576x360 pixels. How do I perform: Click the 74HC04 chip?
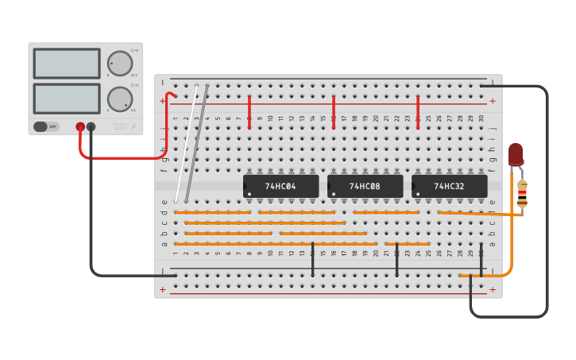tap(280, 186)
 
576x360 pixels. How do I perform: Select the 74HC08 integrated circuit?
tap(365, 186)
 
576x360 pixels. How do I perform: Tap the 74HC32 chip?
tap(449, 186)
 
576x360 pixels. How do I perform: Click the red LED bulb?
tap(516, 154)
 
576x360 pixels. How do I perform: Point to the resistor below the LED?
tap(522, 194)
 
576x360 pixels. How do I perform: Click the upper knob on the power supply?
tap(119, 63)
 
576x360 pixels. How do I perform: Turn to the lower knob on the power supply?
tap(119, 99)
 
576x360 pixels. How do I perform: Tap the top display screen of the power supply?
tap(67, 64)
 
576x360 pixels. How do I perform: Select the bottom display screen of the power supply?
tap(67, 98)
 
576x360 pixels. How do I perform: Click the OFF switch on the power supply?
tap(47, 126)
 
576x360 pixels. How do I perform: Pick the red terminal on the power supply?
tap(80, 126)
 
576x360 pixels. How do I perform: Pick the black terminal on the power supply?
tap(91, 126)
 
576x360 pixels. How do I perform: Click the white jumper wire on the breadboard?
tap(186, 143)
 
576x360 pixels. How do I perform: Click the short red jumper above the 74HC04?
tap(249, 112)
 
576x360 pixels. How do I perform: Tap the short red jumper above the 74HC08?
tap(334, 112)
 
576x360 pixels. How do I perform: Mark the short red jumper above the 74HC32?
tap(418, 112)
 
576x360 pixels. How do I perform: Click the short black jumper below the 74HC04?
tap(313, 259)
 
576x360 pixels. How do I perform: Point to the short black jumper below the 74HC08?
tap(397, 259)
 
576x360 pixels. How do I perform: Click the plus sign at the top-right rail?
tap(493, 101)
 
